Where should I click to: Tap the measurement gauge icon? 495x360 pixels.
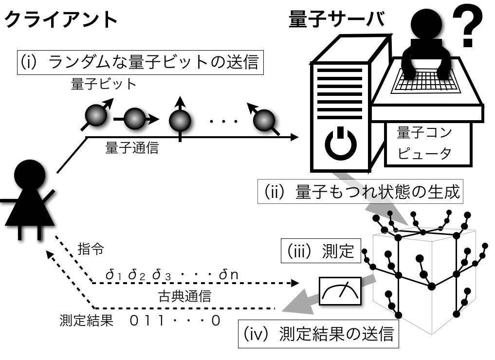(x=341, y=291)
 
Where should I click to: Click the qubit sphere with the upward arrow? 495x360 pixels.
(x=180, y=119)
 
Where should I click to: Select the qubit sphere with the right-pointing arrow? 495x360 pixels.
(x=135, y=118)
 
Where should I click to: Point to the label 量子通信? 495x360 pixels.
(x=132, y=148)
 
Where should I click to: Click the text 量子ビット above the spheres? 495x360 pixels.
(x=104, y=84)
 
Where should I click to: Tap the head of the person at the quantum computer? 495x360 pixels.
(x=427, y=24)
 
